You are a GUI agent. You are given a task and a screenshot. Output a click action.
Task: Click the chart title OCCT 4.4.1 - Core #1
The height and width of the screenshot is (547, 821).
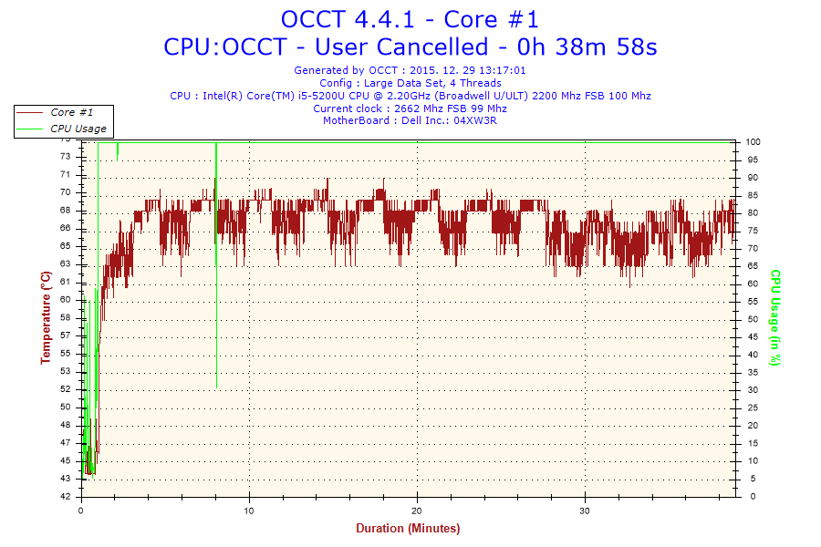point(410,19)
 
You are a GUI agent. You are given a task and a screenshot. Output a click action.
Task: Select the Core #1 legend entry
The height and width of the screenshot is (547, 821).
point(71,112)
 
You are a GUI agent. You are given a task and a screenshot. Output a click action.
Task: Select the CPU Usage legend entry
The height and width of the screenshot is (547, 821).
point(78,129)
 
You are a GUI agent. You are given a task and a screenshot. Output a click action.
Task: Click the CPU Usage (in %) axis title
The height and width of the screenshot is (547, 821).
point(775,317)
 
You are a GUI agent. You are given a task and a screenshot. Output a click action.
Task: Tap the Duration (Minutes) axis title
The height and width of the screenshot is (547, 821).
point(408,528)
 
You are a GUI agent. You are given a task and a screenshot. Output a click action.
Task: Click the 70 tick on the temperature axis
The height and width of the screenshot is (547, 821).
point(65,192)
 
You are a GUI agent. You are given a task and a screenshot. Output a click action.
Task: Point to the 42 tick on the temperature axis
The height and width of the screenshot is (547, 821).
point(65,497)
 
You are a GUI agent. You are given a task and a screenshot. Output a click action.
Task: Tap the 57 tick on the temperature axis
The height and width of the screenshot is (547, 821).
point(65,335)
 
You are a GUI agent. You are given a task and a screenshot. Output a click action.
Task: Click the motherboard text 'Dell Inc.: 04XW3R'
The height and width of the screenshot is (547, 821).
point(453,120)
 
